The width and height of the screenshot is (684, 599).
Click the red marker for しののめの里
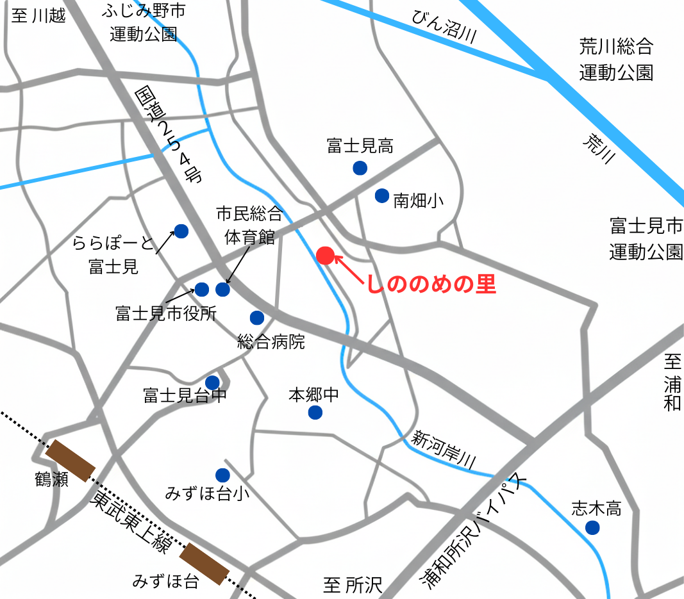point(325,256)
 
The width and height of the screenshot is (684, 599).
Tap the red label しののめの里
point(431,284)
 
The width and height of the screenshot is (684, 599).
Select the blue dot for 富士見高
point(360,168)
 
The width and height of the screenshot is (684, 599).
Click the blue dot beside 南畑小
point(382,195)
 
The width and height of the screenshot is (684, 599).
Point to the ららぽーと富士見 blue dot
point(181,231)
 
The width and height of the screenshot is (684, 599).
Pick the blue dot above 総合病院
point(256,317)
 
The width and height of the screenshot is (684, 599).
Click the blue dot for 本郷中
point(315,413)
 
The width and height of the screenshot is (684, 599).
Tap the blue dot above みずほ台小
point(222,475)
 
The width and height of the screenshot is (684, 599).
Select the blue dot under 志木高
point(592,528)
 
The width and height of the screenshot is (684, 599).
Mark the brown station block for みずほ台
point(204,564)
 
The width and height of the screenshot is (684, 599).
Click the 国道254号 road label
point(165,135)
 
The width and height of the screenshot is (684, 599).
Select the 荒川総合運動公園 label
point(616,59)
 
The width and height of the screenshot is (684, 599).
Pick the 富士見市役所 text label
point(166,314)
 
